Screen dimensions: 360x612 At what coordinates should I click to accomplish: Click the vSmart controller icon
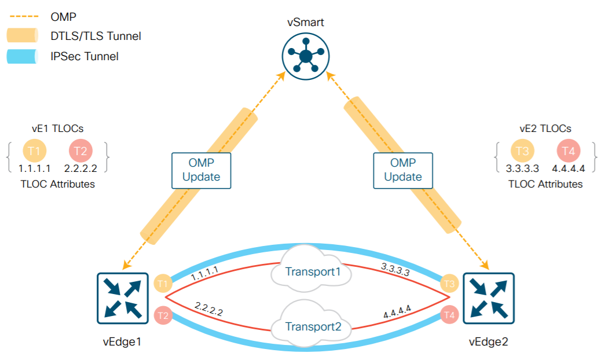[305, 57]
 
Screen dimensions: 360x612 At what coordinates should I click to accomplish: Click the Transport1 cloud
[312, 271]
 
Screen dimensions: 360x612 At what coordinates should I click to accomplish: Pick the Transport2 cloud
[312, 326]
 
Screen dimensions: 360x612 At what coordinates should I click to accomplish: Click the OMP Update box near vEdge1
[200, 171]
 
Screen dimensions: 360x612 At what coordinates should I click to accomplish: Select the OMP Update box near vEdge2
[403, 171]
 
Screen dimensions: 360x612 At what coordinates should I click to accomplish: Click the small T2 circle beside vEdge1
[164, 315]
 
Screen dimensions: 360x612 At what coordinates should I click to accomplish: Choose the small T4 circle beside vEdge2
[448, 315]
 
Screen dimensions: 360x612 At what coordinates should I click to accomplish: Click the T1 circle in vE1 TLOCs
[34, 152]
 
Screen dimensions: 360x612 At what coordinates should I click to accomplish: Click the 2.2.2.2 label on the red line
[209, 308]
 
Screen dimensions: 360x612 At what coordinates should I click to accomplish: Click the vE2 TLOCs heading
[545, 128]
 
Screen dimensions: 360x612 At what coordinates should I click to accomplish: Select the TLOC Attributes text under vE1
[58, 184]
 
